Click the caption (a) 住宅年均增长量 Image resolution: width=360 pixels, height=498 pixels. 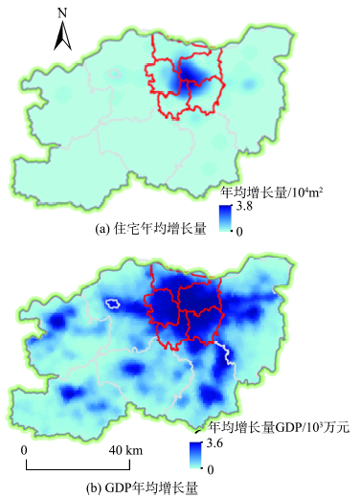[x=151, y=230]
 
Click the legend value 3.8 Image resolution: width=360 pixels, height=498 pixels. [x=245, y=207]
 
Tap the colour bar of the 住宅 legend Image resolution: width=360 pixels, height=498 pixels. [x=225, y=218]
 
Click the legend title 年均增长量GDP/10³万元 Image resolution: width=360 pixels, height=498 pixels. [x=280, y=427]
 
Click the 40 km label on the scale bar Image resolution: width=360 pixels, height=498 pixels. [x=125, y=450]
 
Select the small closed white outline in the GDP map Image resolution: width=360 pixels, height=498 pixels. [x=114, y=305]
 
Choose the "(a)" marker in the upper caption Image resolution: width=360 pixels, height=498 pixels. [x=103, y=230]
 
